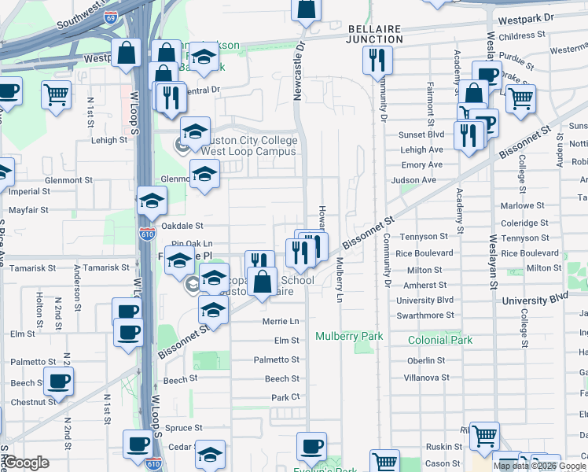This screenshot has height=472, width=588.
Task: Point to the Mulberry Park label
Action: pyautogui.click(x=349, y=336)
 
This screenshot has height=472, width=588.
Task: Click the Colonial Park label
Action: pyautogui.click(x=440, y=340)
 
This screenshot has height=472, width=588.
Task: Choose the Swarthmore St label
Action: pyautogui.click(x=424, y=315)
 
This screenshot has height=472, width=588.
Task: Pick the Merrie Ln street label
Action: pyautogui.click(x=281, y=322)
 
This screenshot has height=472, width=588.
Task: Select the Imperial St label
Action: pyautogui.click(x=29, y=191)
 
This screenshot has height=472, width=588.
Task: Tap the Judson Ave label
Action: pyautogui.click(x=418, y=179)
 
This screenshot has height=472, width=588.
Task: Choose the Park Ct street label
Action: pyautogui.click(x=281, y=397)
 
